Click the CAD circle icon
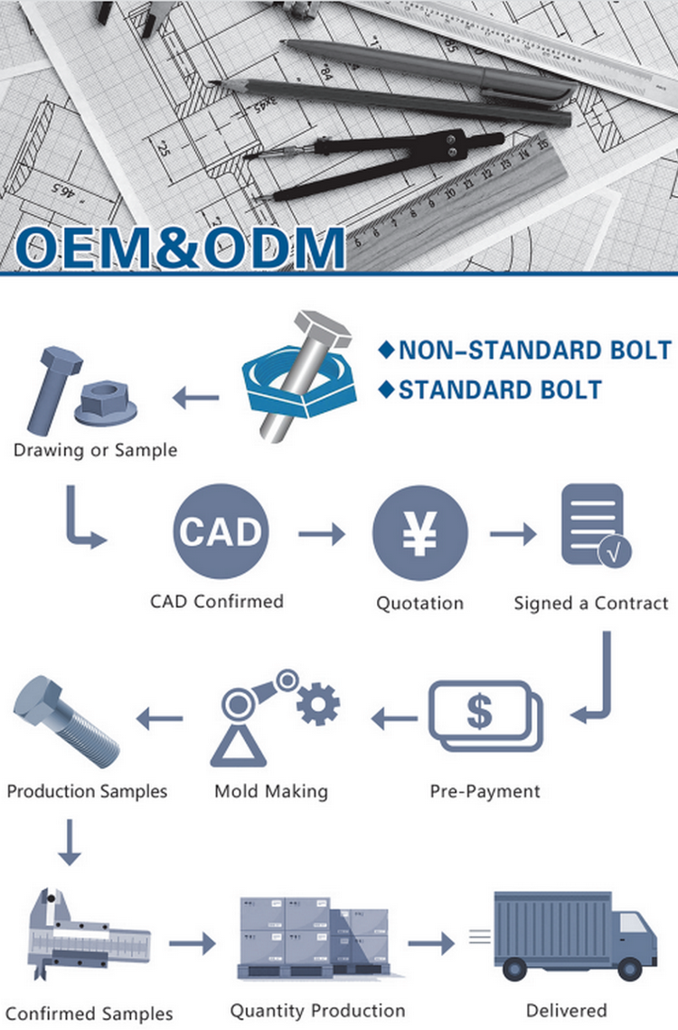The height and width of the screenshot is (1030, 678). pos(221,531)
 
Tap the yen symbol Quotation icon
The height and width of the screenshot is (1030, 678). pos(419,533)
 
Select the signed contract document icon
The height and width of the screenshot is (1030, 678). pos(595,526)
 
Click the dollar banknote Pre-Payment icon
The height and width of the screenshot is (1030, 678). pos(485,716)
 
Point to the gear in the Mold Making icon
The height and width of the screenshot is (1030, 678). pos(318,704)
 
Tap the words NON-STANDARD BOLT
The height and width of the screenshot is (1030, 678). pos(535,351)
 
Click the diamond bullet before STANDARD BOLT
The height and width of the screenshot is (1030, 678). pos(387,389)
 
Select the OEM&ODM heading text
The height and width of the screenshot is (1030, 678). pos(179,248)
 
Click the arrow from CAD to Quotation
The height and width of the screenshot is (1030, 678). pos(321,533)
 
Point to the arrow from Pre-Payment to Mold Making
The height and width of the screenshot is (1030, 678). pos(394,718)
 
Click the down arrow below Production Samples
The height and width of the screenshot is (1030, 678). pos(69,842)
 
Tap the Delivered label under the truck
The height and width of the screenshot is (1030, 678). pos(566,1011)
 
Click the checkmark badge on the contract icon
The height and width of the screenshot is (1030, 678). pos(615,552)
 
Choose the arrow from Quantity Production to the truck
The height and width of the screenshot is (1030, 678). pos(431,944)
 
